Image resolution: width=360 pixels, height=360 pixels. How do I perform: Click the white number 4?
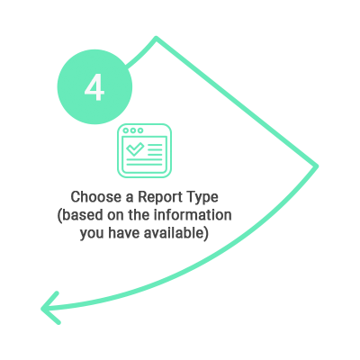pos(94,87)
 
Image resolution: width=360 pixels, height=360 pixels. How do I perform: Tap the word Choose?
pos(95,197)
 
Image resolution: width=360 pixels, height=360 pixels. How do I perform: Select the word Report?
pos(160,198)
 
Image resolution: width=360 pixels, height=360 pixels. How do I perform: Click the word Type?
pos(202,198)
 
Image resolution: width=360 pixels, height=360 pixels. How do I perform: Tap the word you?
pos(92,234)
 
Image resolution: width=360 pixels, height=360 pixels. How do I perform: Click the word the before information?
pos(139,215)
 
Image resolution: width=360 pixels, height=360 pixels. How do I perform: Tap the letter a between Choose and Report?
pos(129,199)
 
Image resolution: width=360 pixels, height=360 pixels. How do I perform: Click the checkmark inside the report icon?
pos(135,148)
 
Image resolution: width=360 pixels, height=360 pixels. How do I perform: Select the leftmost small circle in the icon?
pos(126,130)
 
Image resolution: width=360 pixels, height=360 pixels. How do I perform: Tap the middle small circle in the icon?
pos(133,130)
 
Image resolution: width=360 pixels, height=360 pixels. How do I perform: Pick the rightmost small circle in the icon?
pos(140,130)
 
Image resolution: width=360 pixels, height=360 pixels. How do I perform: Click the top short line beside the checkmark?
pos(155,146)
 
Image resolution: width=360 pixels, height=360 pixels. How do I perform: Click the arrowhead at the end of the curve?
pos(50,308)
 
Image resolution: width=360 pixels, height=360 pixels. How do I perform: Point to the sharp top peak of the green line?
pos(156,38)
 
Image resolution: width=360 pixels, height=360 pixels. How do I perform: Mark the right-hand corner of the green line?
pos(316,166)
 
